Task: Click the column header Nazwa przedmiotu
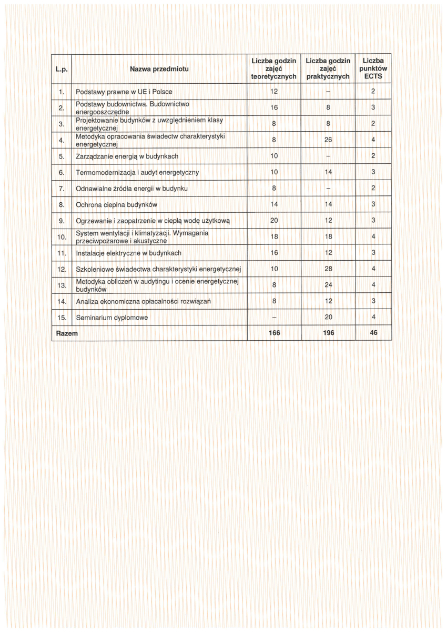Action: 159,69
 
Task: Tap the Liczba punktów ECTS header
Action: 373,69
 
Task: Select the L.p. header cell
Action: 61,69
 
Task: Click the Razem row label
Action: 67,333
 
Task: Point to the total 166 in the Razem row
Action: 274,333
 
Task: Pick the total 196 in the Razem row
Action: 328,333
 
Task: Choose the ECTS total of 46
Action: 373,333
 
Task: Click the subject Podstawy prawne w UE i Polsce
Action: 124,92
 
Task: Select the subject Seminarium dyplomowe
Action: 112,318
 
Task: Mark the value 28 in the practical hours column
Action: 328,269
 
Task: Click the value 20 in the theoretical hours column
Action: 274,221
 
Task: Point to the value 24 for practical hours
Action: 328,285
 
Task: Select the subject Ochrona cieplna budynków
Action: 117,204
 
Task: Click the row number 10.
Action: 61,237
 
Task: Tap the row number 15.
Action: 61,318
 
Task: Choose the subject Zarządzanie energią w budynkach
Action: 127,156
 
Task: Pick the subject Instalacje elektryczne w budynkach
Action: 129,253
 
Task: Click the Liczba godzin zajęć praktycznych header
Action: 328,69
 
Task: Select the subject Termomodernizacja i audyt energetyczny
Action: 137,172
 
